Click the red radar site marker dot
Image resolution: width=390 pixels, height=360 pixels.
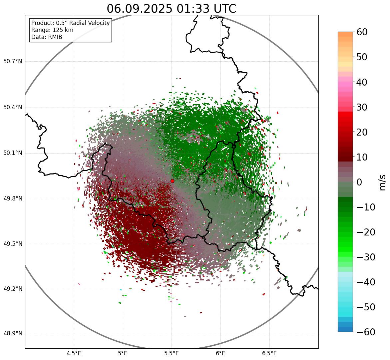[x=172, y=181]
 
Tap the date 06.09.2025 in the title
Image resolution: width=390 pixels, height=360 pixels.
[x=139, y=9]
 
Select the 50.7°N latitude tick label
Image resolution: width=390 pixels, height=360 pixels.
[x=13, y=62]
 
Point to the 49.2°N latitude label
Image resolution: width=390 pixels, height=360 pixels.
[x=13, y=289]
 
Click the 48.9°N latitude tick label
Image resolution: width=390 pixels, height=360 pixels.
[x=13, y=334]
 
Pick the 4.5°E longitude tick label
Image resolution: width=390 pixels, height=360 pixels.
[x=74, y=353]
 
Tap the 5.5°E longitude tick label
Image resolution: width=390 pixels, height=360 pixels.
[x=172, y=353]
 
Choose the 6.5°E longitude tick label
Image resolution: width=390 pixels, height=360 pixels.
[x=269, y=353]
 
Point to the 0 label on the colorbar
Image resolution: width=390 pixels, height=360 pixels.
[x=359, y=182]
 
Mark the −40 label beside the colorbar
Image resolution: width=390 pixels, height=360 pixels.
[x=366, y=282]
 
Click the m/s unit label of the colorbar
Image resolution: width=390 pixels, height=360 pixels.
[x=383, y=182]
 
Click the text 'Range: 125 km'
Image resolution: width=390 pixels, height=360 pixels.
[x=52, y=30]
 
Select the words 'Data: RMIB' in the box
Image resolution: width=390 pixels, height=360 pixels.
[x=47, y=37]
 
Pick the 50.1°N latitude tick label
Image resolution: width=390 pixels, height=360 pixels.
[x=13, y=153]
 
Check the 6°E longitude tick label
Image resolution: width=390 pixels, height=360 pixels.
[x=220, y=353]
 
